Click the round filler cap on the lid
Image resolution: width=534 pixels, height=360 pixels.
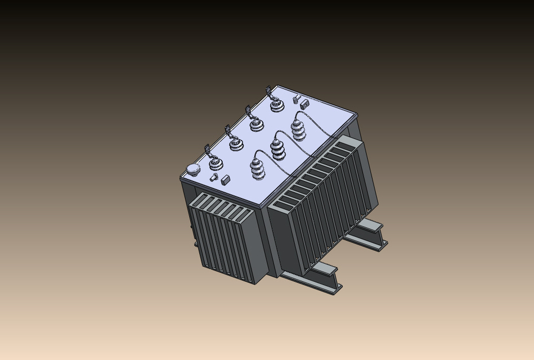pos(193,169)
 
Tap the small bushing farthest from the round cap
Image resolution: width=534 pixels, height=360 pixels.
pos(276,105)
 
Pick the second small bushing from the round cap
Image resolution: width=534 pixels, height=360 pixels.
pos(236,145)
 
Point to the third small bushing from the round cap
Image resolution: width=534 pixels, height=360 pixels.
pos(257,125)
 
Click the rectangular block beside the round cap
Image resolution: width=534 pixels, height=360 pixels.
pos(226,180)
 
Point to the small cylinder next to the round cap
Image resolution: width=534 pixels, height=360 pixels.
pos(213,178)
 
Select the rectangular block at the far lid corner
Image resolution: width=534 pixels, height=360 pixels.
pos(305,104)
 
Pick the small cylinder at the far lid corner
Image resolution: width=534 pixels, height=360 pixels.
pos(295,101)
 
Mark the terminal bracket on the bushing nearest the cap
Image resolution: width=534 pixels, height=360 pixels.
pos(207,150)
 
